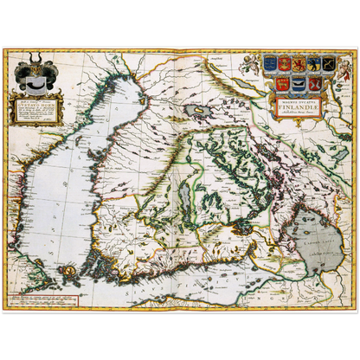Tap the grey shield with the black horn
point(35,85)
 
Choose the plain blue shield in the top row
point(270,62)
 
